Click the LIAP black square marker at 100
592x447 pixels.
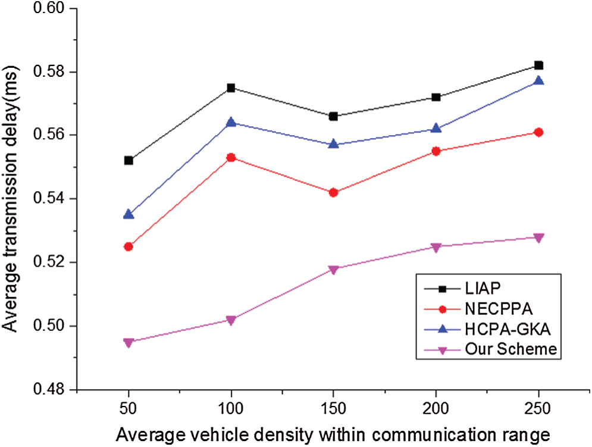(x=231, y=88)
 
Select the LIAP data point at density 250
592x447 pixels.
(x=538, y=65)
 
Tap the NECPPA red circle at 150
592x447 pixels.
(x=334, y=193)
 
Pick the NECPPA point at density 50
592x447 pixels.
(x=129, y=246)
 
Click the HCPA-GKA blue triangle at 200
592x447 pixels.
(x=436, y=129)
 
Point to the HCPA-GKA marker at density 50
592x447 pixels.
(x=129, y=214)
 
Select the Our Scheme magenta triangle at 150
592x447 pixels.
(x=334, y=270)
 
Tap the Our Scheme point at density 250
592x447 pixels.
(x=538, y=238)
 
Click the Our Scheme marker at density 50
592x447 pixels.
(x=129, y=342)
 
